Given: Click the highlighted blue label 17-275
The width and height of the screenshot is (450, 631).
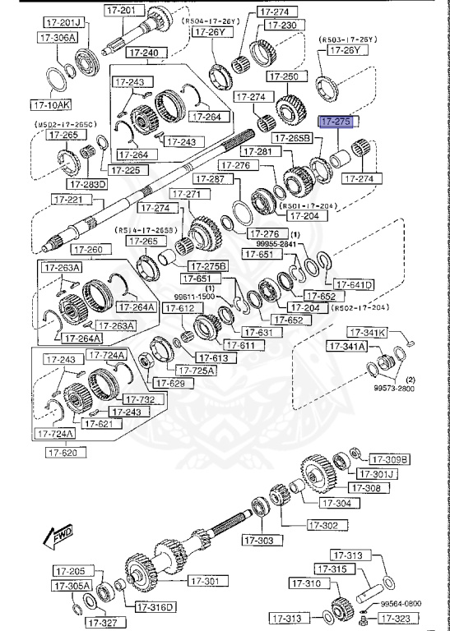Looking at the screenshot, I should pyautogui.click(x=335, y=122).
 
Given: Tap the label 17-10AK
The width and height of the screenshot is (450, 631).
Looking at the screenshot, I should pyautogui.click(x=50, y=104).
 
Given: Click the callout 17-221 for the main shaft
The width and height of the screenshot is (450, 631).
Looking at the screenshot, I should pyautogui.click(x=70, y=199).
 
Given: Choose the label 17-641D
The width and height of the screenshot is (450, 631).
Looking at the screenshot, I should pyautogui.click(x=354, y=285).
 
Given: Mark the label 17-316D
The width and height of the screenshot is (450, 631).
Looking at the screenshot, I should pyautogui.click(x=154, y=607).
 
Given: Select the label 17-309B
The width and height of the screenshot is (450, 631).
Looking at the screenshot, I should pyautogui.click(x=389, y=459).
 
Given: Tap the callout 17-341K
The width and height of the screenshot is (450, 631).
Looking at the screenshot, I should pyautogui.click(x=365, y=333).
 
